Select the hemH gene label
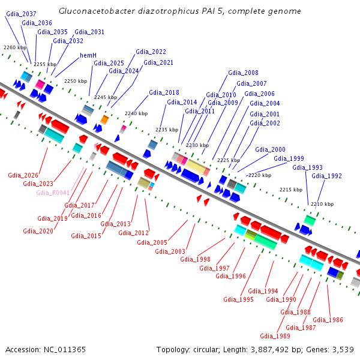click(x=88, y=55)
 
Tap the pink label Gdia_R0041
click(x=53, y=193)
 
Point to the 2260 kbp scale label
click(x=15, y=47)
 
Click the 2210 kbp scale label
click(x=322, y=204)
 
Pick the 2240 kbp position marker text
click(x=136, y=113)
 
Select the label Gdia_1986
click(x=328, y=320)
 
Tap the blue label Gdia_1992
click(x=326, y=176)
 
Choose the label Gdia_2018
click(x=164, y=92)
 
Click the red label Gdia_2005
click(x=152, y=242)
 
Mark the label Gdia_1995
click(x=238, y=299)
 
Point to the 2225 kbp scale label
click(x=229, y=160)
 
